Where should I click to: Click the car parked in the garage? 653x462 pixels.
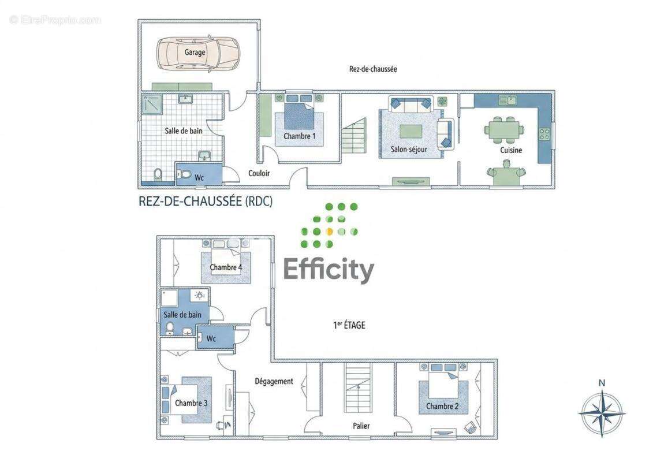pyautogui.click(x=198, y=53)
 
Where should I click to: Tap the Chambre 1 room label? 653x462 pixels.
pyautogui.click(x=300, y=136)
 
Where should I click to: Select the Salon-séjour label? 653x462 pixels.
pyautogui.click(x=409, y=149)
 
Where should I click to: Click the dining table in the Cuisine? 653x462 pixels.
pyautogui.click(x=504, y=129)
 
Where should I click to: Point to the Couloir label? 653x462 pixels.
pyautogui.click(x=259, y=173)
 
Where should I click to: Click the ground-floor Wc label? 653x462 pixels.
pyautogui.click(x=199, y=178)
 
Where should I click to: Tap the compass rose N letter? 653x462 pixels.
pyautogui.click(x=602, y=382)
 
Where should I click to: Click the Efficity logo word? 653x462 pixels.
pyautogui.click(x=329, y=270)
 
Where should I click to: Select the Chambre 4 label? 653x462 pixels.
pyautogui.click(x=226, y=267)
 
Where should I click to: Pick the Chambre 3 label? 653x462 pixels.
pyautogui.click(x=191, y=403)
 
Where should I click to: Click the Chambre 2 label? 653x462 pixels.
pyautogui.click(x=442, y=406)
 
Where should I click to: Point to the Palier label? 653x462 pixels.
pyautogui.click(x=361, y=426)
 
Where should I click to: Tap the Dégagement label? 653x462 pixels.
pyautogui.click(x=274, y=381)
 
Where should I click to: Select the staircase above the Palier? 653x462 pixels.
pyautogui.click(x=358, y=388)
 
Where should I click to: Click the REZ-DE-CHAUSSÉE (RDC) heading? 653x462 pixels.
pyautogui.click(x=206, y=201)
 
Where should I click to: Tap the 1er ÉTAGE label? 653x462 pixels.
pyautogui.click(x=349, y=325)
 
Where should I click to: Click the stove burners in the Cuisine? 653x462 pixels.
pyautogui.click(x=544, y=134)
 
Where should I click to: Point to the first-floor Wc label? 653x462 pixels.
pyautogui.click(x=211, y=338)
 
